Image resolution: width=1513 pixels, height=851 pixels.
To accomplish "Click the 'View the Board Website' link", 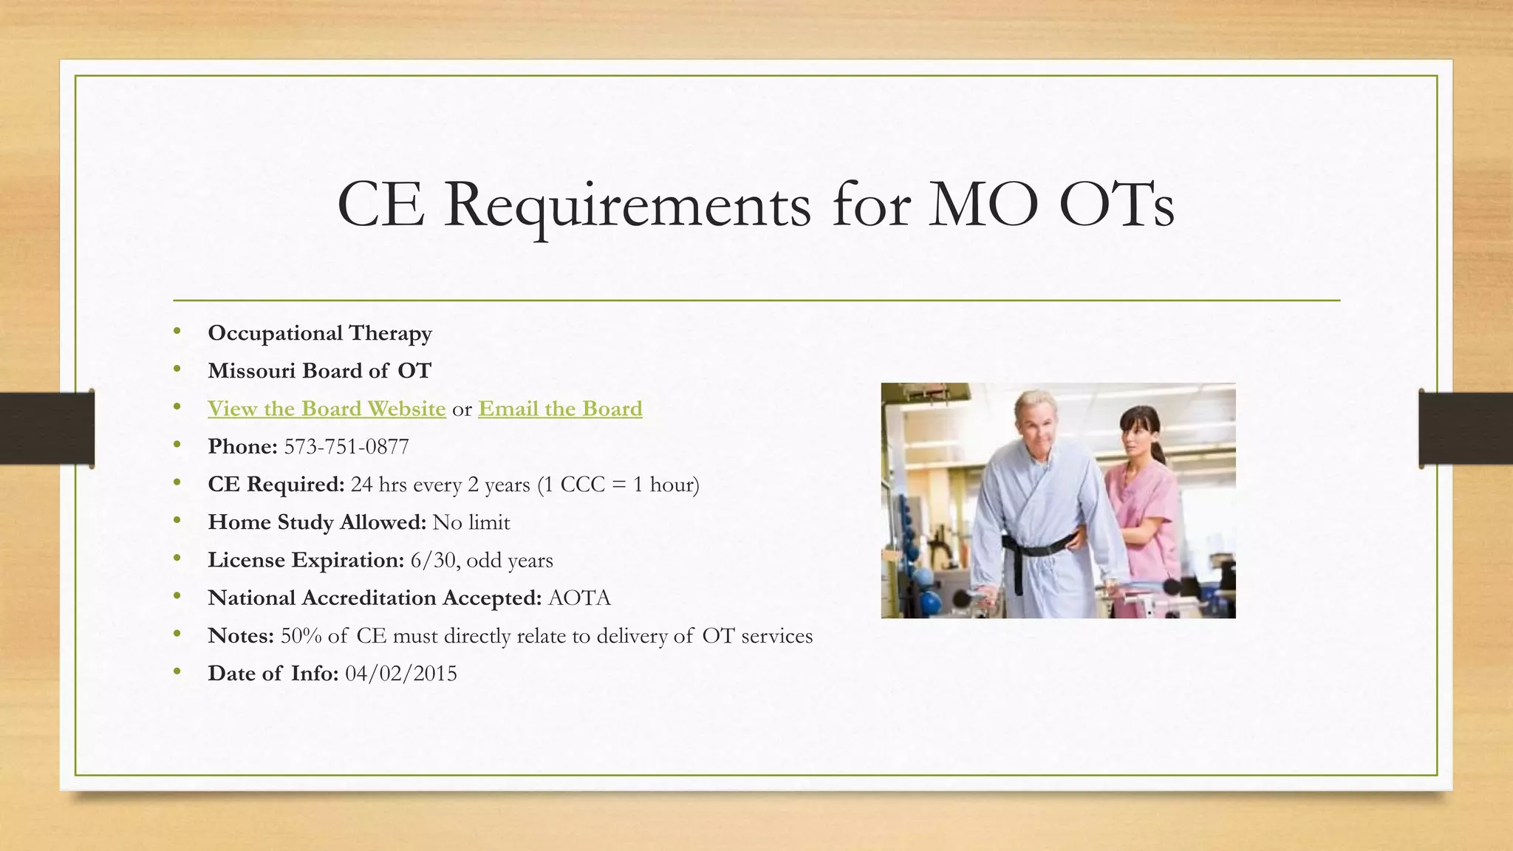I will click(x=327, y=409).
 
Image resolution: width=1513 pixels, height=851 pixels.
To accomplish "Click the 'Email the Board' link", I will click(x=560, y=409).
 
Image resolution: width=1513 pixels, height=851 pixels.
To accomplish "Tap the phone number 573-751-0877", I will click(x=346, y=447).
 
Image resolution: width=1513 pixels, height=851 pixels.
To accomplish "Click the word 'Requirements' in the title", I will click(x=627, y=205).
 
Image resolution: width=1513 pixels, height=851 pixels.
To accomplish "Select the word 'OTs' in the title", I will click(x=1116, y=205).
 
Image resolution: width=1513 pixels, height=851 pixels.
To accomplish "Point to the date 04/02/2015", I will click(x=401, y=674).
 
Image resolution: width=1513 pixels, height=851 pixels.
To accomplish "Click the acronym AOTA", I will click(x=580, y=598).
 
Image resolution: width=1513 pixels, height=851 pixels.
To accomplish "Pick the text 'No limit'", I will click(x=471, y=522).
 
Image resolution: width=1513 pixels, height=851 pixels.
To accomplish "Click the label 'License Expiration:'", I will click(x=306, y=560).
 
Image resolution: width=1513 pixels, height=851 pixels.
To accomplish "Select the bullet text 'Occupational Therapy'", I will click(x=320, y=333).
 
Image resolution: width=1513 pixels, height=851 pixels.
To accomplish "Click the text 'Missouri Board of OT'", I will click(x=320, y=371).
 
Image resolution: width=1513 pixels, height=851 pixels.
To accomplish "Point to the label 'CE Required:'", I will click(x=276, y=485).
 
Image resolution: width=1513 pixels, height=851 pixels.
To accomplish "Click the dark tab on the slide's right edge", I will click(x=1465, y=428).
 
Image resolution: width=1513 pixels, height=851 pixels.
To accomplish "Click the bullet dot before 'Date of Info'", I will click(x=177, y=672).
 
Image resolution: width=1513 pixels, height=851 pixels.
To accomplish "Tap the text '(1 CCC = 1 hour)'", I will click(x=618, y=485).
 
